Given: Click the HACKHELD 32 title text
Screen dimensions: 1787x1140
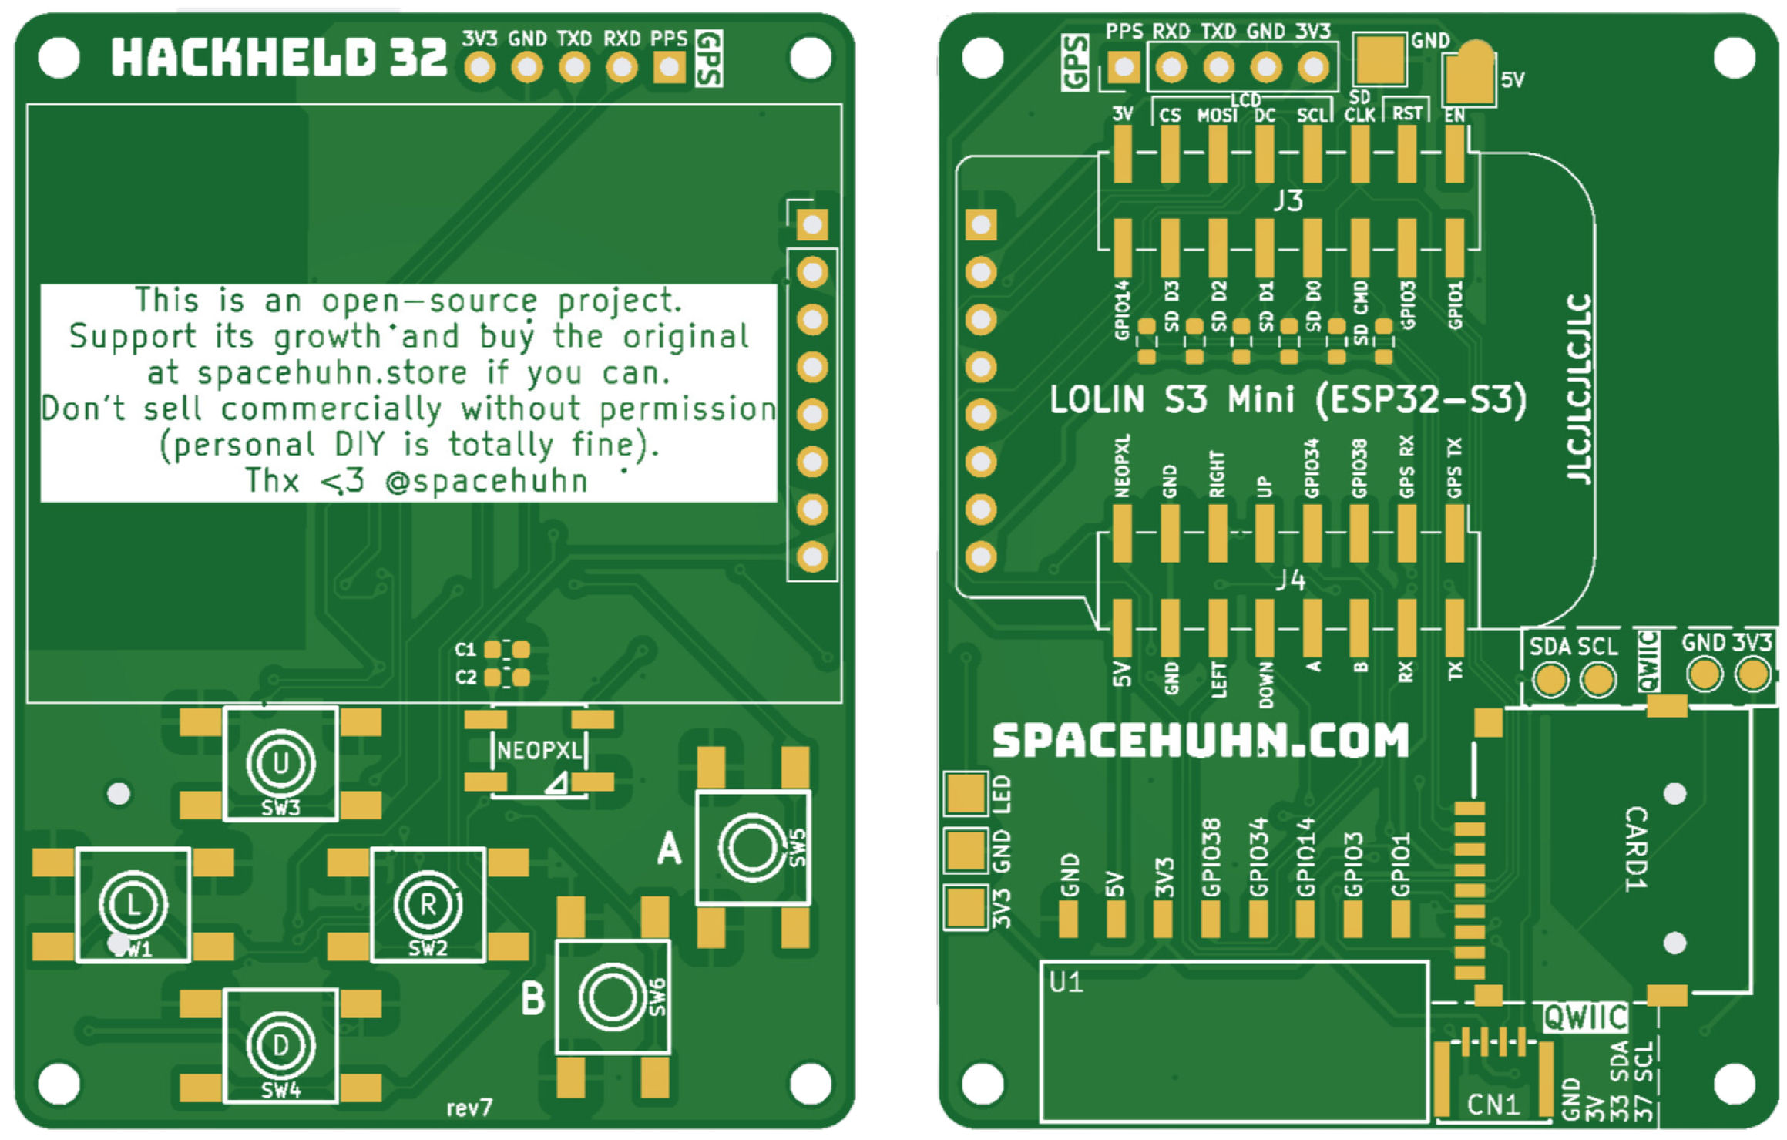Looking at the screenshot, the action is tap(278, 57).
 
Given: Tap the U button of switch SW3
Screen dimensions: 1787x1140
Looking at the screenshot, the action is tap(280, 763).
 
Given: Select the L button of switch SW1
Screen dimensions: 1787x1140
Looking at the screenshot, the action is tap(133, 905).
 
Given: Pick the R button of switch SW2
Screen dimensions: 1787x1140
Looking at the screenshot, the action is tap(428, 905).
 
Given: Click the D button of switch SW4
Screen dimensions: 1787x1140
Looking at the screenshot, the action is tap(280, 1045).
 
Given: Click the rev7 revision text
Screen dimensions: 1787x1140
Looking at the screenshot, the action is tap(469, 1108).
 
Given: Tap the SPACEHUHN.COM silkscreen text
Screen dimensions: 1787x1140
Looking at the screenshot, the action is tap(1200, 740).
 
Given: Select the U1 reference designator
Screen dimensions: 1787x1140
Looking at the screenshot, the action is tap(1066, 983).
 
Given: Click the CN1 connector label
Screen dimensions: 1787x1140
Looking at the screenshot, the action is tap(1493, 1105).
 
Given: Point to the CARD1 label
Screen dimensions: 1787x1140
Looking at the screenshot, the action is tap(1635, 849).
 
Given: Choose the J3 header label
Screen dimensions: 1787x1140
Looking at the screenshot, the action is tap(1288, 200).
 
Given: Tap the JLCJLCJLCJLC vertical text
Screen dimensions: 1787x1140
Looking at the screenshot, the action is tap(1580, 388).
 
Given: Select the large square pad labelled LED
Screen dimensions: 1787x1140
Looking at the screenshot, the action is tap(966, 793).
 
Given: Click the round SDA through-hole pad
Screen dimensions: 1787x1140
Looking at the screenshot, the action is tap(1550, 680).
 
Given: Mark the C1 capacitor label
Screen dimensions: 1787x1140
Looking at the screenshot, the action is tap(465, 650).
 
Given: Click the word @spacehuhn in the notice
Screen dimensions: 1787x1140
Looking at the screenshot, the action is tap(487, 482).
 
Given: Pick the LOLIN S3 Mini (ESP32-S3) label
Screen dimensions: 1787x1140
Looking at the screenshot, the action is tap(1288, 400).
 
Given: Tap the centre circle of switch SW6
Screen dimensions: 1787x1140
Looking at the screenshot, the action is tap(612, 997).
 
